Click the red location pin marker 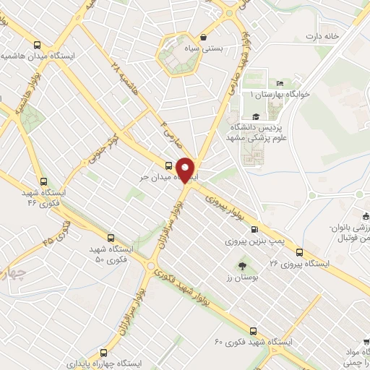coord(186,169)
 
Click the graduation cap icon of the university coord(255,116)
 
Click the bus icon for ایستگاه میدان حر coord(169,164)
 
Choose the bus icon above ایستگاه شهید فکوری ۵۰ coord(111,236)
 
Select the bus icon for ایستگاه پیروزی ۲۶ coord(300,251)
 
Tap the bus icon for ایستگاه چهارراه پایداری coord(103,353)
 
